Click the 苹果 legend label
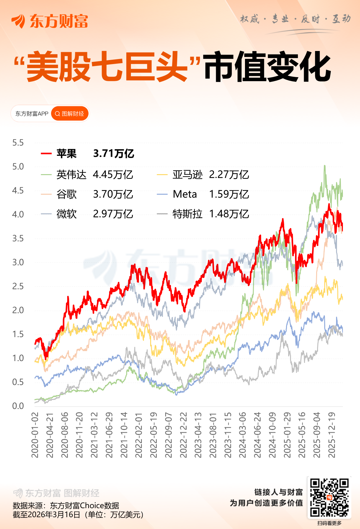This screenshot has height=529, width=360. pyautogui.click(x=66, y=154)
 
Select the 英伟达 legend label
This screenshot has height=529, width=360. pyautogui.click(x=71, y=175)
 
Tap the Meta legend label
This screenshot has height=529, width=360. pyautogui.click(x=185, y=194)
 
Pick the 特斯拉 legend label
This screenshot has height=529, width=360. pyautogui.click(x=187, y=214)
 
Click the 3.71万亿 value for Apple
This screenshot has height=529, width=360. pyautogui.click(x=113, y=154)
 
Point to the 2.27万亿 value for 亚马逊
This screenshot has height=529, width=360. pyautogui.click(x=229, y=175)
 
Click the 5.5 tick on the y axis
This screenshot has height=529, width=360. pyautogui.click(x=18, y=143)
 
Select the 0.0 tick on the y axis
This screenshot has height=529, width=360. pyautogui.click(x=18, y=406)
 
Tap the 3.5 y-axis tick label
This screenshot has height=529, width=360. pyautogui.click(x=18, y=239)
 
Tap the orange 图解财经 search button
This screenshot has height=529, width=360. pyautogui.click(x=70, y=114)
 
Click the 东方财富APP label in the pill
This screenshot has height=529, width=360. pyautogui.click(x=32, y=114)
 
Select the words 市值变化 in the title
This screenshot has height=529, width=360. pyautogui.click(x=267, y=67)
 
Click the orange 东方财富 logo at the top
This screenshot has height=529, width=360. pyautogui.click(x=50, y=21)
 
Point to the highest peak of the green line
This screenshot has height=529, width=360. pyautogui.click(x=325, y=166)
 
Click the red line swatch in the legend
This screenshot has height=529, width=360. pyautogui.click(x=46, y=154)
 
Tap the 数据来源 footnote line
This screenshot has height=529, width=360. pyautogui.click(x=66, y=505)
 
